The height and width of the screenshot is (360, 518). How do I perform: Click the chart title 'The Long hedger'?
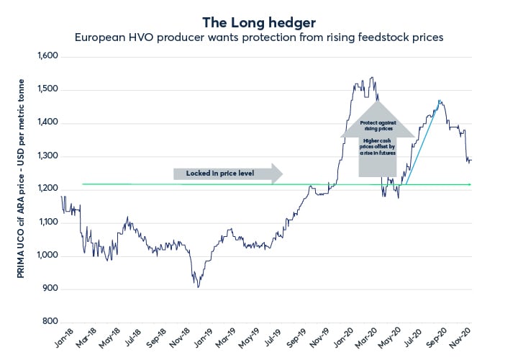(258, 22)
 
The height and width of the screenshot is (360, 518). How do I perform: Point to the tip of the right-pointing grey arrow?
(283, 174)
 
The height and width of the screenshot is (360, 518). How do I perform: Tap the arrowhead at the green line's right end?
(470, 185)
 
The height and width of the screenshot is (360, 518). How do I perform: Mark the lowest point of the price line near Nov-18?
(199, 287)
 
